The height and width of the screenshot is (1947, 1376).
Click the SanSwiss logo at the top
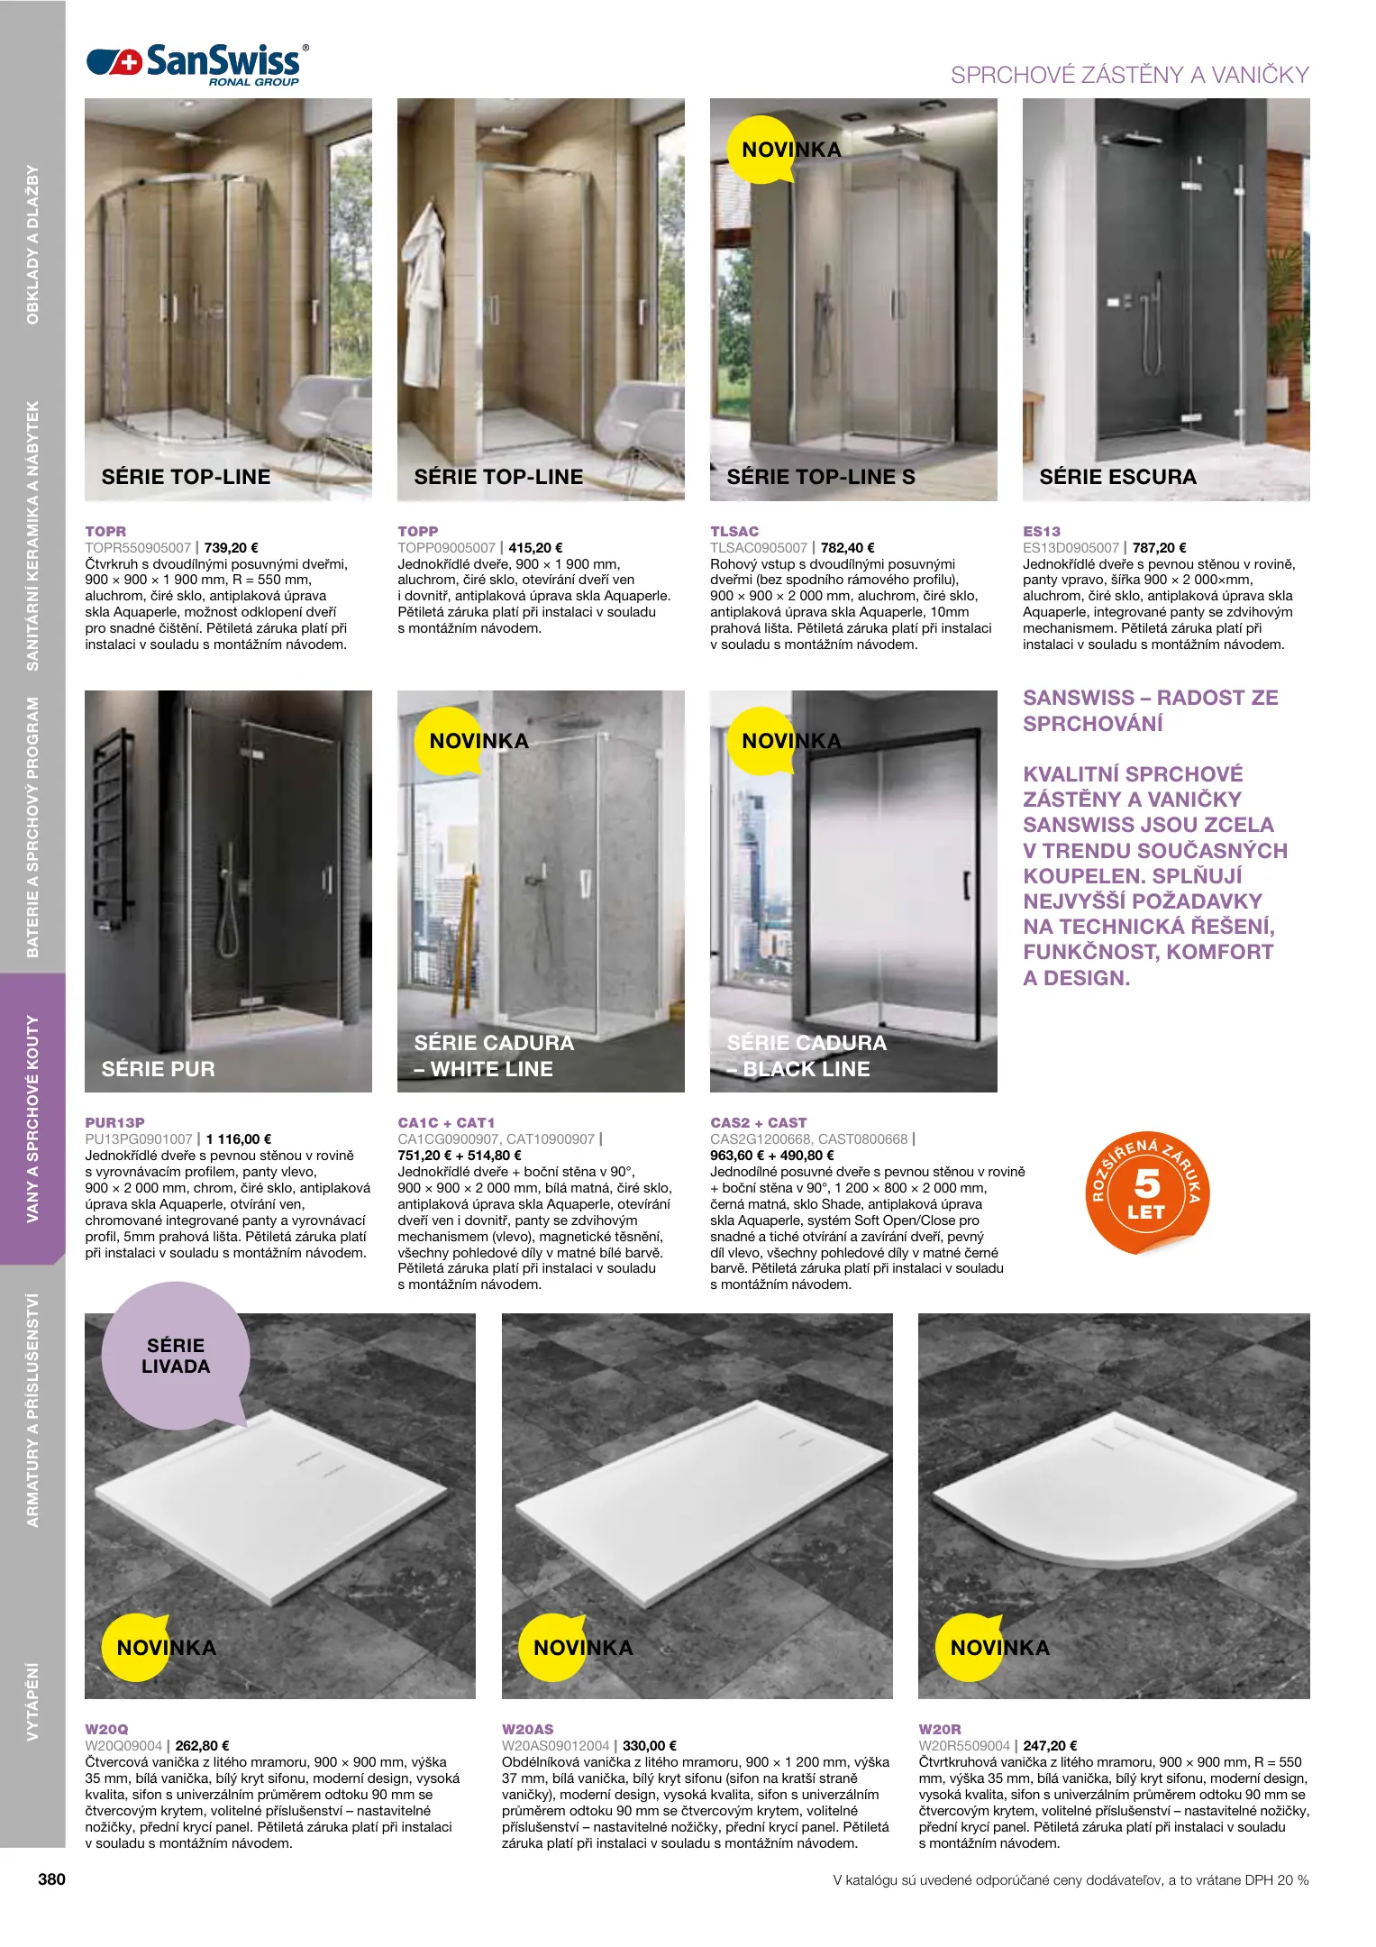(x=196, y=64)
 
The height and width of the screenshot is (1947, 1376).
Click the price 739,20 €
(x=232, y=548)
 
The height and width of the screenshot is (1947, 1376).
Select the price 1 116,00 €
(x=239, y=1139)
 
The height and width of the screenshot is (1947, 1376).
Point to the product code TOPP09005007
(x=446, y=548)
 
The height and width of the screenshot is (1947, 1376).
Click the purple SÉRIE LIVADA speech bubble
(x=176, y=1356)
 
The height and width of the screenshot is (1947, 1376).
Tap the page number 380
(x=51, y=1879)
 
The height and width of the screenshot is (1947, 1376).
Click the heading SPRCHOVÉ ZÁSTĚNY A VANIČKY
(x=1129, y=76)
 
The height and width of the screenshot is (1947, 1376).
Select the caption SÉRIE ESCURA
(x=1117, y=478)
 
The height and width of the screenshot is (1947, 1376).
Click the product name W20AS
(x=527, y=1729)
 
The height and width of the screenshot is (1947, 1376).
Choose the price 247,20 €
(x=1050, y=1745)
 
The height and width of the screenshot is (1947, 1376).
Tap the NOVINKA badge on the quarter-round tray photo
(x=998, y=1648)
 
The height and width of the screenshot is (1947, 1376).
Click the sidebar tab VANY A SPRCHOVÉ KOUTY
(x=33, y=1119)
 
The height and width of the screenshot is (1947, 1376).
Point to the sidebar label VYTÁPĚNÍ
(x=33, y=1701)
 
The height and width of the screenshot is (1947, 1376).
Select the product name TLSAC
(x=734, y=532)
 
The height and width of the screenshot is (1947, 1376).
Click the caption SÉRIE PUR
(x=159, y=1069)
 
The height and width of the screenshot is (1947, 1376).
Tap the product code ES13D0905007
(x=1071, y=548)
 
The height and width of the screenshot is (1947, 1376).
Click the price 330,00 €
(x=650, y=1745)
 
